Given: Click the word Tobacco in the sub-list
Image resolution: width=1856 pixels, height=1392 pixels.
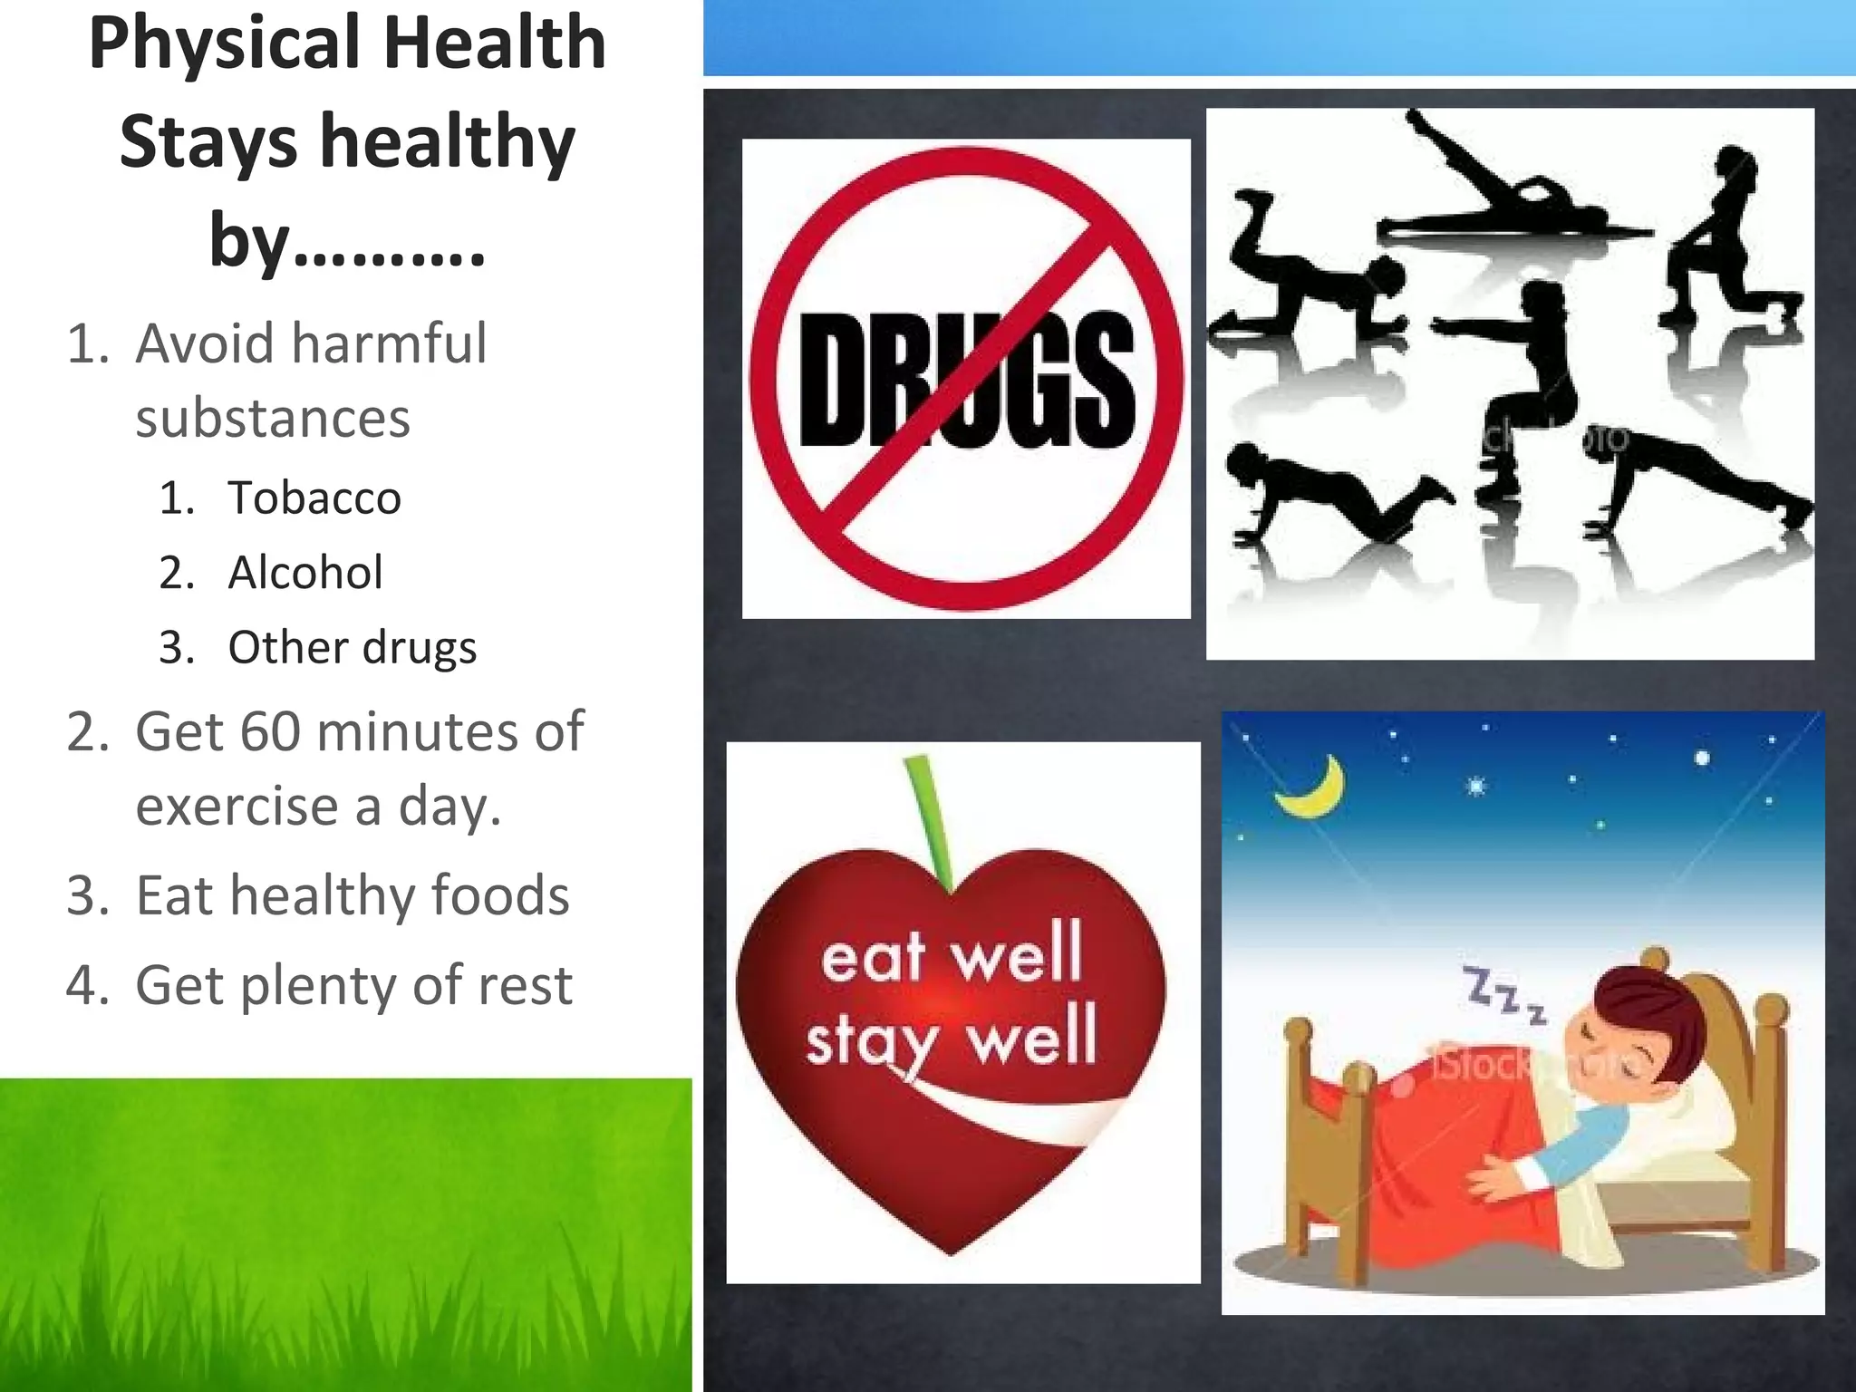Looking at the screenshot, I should click(314, 498).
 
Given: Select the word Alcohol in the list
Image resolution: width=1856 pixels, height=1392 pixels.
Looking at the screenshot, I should click(305, 573).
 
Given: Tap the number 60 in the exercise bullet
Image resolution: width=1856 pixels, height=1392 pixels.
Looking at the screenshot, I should click(269, 730).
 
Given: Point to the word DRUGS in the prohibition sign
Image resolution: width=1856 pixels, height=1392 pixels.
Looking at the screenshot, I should click(966, 381).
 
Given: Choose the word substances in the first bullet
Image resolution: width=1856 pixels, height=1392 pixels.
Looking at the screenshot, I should click(273, 419).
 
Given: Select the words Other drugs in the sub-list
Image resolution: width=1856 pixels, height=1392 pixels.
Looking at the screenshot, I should click(352, 648).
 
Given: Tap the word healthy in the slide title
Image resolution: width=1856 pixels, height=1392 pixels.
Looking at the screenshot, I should click(449, 142).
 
